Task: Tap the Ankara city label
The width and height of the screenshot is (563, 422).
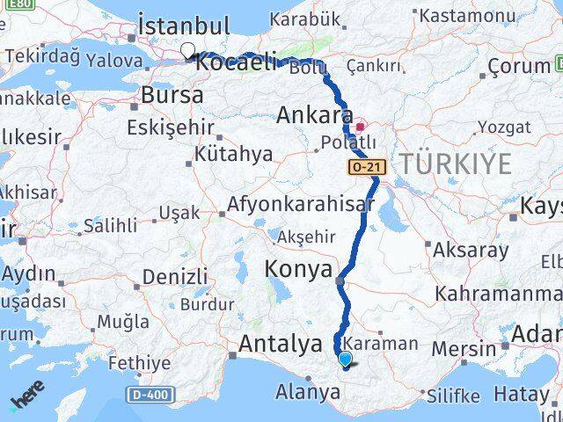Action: click(315, 115)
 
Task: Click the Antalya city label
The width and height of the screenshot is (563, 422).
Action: click(280, 344)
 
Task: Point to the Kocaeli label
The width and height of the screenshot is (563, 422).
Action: click(236, 63)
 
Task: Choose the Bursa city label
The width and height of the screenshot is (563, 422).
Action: click(172, 94)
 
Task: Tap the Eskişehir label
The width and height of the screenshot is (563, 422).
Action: click(171, 127)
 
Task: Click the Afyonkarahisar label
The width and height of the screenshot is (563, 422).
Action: click(300, 203)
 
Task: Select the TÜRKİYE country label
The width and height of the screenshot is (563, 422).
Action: click(456, 163)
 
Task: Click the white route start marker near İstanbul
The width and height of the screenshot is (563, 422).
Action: click(187, 50)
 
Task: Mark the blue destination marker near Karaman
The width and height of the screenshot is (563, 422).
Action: click(344, 359)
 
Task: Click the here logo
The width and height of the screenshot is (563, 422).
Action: click(27, 403)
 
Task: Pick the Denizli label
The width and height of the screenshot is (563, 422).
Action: click(174, 276)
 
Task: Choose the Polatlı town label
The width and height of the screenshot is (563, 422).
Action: click(349, 143)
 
